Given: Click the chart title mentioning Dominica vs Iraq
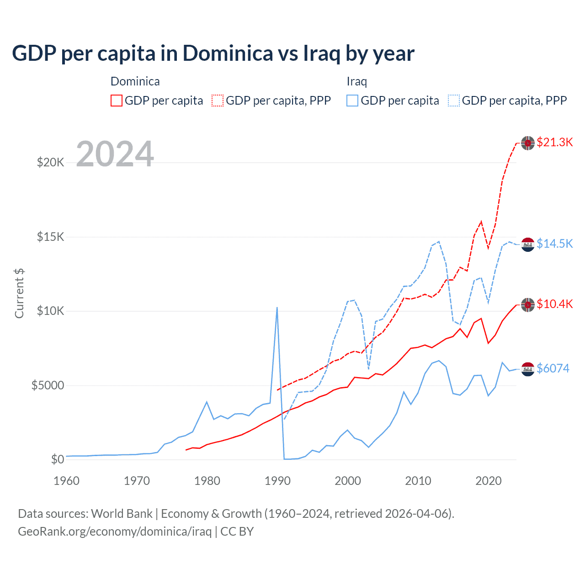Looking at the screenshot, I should coord(213,53).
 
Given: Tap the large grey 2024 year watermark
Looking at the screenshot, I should coord(115,154).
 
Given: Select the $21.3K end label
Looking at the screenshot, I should coord(554,142).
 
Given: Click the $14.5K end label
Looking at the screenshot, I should coord(554,244).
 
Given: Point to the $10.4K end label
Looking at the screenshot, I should coord(554,304).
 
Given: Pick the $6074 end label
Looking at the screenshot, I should coord(553,368).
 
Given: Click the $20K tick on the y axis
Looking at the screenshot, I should coord(50,162).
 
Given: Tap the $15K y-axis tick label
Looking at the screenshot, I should coord(50,237).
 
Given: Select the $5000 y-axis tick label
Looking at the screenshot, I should coord(48,385).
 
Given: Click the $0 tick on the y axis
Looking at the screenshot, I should coord(57,459).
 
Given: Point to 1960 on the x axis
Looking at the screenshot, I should coord(67,481).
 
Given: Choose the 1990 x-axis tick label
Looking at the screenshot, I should coord(277,481).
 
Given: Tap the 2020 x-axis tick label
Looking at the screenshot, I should coord(489,481).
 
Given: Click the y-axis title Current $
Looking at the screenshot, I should coord(19,293).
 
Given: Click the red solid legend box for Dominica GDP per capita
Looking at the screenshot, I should coord(117,101).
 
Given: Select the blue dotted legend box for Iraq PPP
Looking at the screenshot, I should coord(454,101).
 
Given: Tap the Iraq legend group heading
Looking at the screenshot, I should coord(357,81).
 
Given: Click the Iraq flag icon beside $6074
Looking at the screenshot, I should coord(528,368).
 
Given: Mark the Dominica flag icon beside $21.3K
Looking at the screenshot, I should coord(528,143).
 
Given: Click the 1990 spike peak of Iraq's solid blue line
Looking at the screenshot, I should coord(277,308).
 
